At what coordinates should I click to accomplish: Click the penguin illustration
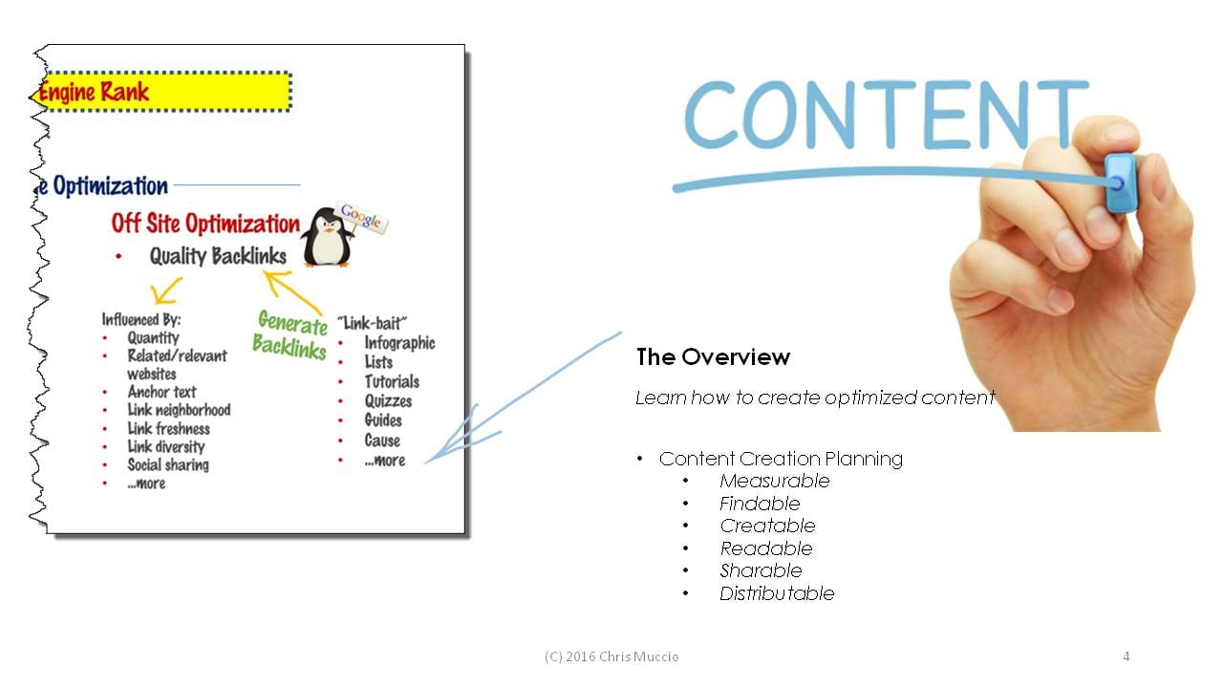(327, 238)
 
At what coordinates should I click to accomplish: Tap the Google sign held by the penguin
(361, 217)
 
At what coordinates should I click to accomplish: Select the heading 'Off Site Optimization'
(205, 224)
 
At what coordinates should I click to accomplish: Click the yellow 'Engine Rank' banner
(163, 92)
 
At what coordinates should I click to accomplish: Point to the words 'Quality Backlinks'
(218, 256)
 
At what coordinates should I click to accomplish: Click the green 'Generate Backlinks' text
(290, 334)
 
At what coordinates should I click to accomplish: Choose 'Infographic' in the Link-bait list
(399, 343)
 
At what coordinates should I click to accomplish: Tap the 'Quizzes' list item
(388, 401)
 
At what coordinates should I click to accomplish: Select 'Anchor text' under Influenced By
(161, 392)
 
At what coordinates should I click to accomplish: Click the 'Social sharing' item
(168, 465)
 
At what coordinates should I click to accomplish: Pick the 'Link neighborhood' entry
(179, 410)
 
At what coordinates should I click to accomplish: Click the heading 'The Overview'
(713, 357)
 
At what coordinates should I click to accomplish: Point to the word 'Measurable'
(775, 481)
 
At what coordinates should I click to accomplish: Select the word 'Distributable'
(777, 593)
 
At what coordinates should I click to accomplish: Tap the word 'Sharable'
(762, 570)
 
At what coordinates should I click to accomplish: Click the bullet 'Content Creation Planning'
(781, 460)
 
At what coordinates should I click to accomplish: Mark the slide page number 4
(1126, 656)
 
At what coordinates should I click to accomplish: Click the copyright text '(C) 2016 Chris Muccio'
(611, 656)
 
